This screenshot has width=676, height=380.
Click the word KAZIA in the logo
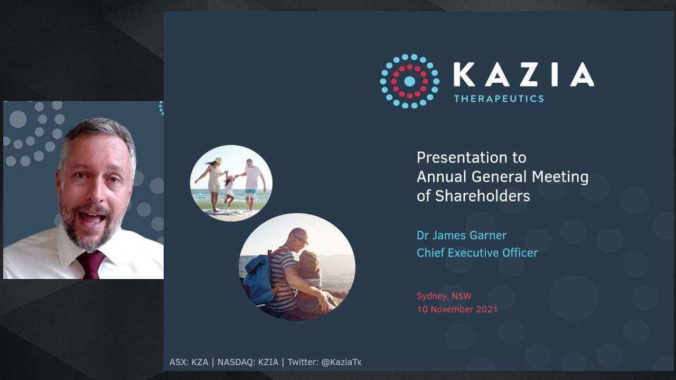pyautogui.click(x=523, y=74)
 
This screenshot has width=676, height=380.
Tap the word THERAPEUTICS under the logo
pyautogui.click(x=499, y=98)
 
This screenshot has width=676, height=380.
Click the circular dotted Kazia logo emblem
pyautogui.click(x=409, y=81)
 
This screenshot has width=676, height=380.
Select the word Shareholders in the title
pyautogui.click(x=482, y=196)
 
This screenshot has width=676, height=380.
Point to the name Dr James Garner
pyautogui.click(x=461, y=235)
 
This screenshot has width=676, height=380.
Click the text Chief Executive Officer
pyautogui.click(x=477, y=253)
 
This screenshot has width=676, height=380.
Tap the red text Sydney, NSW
pyautogui.click(x=444, y=296)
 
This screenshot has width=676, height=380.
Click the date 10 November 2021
pyautogui.click(x=457, y=309)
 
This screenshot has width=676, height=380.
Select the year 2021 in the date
pyautogui.click(x=486, y=309)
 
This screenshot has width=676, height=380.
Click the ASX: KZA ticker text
pyautogui.click(x=189, y=362)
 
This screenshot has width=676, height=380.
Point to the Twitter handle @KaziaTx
pyautogui.click(x=341, y=362)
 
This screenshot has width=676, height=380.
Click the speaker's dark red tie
pyautogui.click(x=90, y=264)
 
